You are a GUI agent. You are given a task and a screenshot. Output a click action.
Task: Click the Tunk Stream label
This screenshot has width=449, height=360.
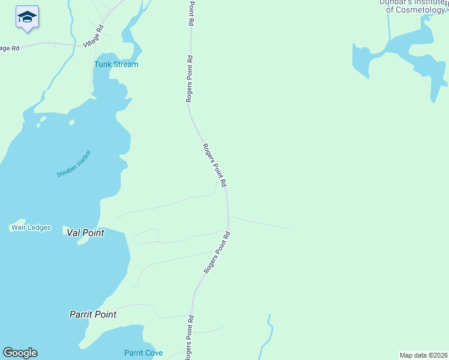coord(116,64)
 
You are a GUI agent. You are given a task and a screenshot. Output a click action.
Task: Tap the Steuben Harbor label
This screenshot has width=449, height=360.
coord(73,163)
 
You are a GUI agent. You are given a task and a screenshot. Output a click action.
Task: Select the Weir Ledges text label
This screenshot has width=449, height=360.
coord(31,227)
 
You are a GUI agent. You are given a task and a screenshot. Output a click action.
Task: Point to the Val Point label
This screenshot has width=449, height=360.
coord(85,232)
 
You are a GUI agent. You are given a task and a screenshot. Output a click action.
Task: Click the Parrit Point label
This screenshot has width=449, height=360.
coord(92,314)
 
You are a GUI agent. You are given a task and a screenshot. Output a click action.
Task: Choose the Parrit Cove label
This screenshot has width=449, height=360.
coord(143,353)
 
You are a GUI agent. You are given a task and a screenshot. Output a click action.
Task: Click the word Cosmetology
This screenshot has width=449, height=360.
coord(415,10)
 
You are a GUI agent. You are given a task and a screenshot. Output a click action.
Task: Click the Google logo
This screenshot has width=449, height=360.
coord(20,353)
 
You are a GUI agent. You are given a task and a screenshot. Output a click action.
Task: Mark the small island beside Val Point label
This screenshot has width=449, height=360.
coord(83,240)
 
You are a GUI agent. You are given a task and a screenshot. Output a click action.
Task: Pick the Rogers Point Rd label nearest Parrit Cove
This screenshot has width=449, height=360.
coord(190,334)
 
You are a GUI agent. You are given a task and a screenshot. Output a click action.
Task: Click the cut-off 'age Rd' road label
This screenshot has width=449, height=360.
coord(10,48)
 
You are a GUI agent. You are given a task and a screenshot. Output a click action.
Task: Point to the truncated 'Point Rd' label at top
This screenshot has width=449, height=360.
coord(191,12)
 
